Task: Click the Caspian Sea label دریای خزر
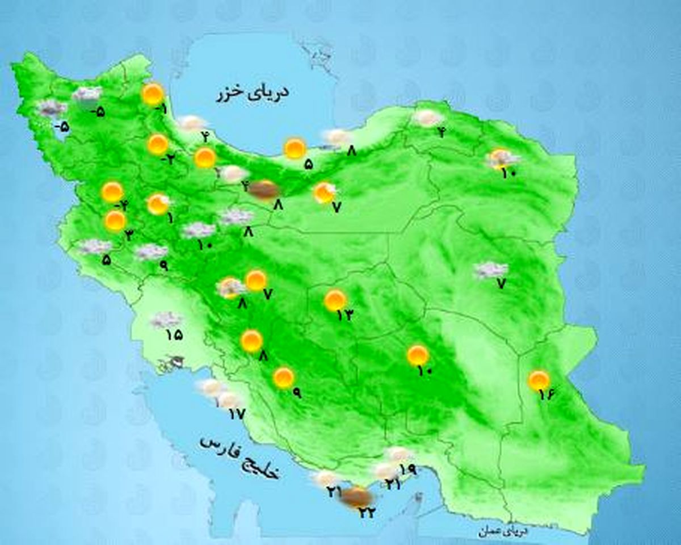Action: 253,93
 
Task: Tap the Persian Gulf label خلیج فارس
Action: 239,458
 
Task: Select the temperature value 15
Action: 174,334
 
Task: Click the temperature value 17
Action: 236,414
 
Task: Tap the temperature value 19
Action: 408,469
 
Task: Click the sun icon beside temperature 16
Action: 539,380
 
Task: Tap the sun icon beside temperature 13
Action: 335,300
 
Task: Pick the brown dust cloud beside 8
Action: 262,190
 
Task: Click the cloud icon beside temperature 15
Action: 165,320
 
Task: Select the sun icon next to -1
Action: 153,94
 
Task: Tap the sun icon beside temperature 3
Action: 115,221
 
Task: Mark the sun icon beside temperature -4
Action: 112,192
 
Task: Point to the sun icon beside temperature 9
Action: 283,378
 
